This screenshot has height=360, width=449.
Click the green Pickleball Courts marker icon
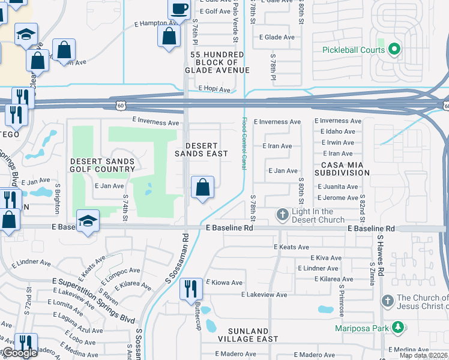coord(394,49)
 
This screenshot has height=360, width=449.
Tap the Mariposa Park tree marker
coord(397,328)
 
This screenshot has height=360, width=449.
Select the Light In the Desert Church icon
coord(283,214)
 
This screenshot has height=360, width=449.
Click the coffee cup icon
coord(179,8)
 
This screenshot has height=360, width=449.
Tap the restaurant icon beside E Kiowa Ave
coord(191,289)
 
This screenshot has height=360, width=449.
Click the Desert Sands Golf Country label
coord(103,165)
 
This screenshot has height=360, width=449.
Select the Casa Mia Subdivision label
coord(345,169)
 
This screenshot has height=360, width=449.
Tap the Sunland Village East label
coord(249,335)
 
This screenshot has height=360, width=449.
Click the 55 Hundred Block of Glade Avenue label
coord(217,62)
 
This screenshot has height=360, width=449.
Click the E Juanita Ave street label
coord(338,187)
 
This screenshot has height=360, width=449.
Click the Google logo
coord(19,353)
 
